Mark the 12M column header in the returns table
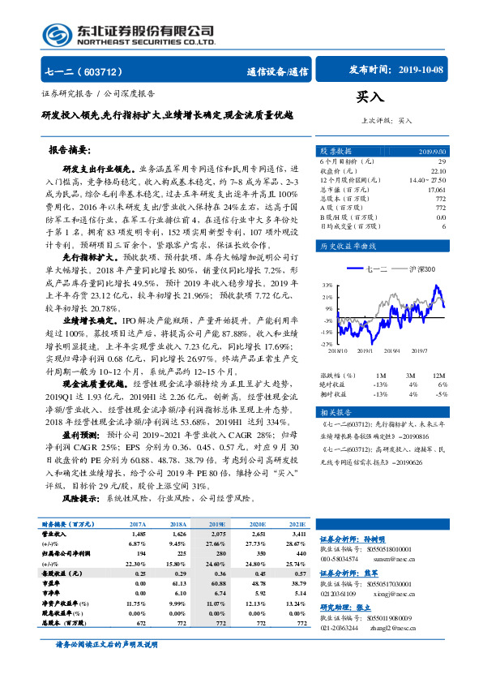pos(438,376)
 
